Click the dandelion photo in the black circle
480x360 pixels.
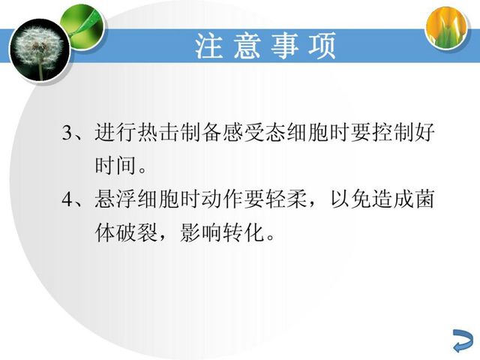[x=40, y=50]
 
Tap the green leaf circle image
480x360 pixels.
[x=82, y=27]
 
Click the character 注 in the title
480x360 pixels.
[x=209, y=46]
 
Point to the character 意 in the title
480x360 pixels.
[x=247, y=46]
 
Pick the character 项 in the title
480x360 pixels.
[x=322, y=46]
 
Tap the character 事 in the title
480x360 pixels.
[x=285, y=46]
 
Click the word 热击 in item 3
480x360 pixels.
[x=159, y=132]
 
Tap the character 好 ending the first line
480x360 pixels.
[x=424, y=132]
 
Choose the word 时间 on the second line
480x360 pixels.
[x=115, y=166]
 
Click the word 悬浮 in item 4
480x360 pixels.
[x=115, y=199]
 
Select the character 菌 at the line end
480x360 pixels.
[x=424, y=199]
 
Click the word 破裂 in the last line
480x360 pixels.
[x=137, y=232]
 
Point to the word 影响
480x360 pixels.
[x=201, y=232]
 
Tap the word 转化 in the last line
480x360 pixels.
[x=244, y=232]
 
